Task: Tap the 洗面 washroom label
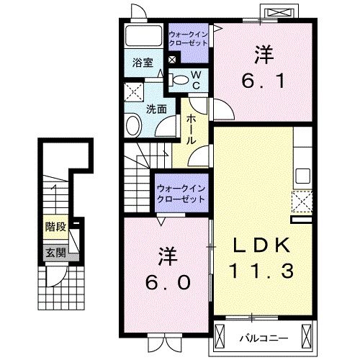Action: point(156,109)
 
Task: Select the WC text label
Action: point(194,79)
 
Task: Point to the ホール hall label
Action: point(192,130)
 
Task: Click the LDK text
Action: point(261,246)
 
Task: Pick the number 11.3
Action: point(261,271)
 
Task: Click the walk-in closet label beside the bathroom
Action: point(189,38)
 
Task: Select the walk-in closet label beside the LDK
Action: point(181,193)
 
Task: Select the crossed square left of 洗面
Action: point(134,92)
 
